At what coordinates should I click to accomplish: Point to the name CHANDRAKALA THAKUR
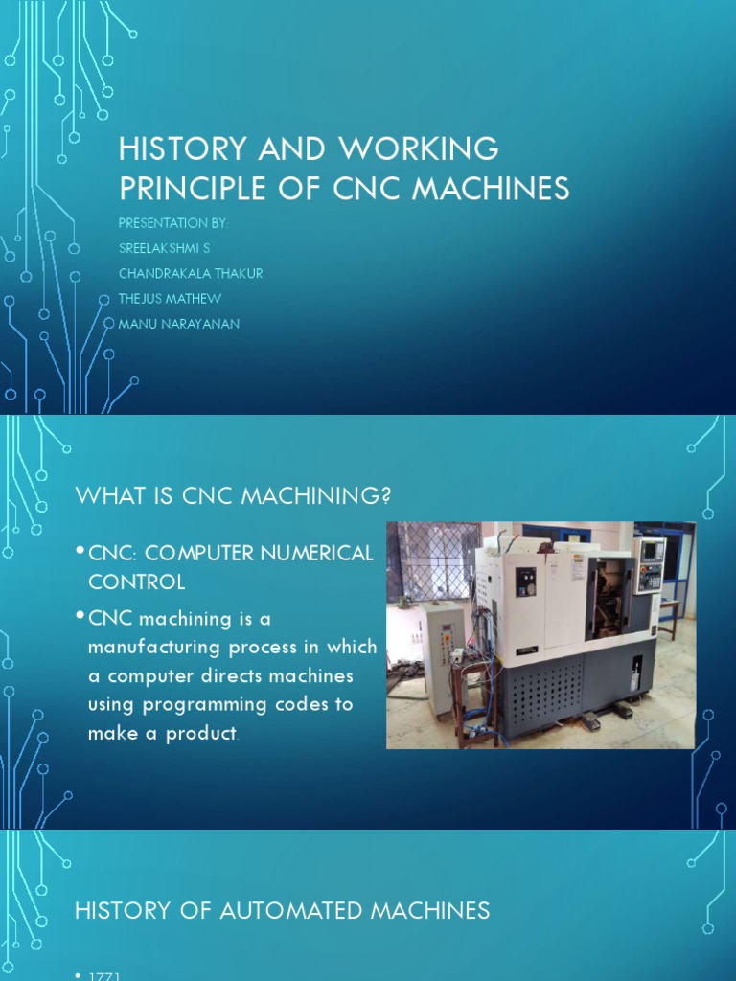point(190,273)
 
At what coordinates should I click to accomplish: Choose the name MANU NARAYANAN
point(178,324)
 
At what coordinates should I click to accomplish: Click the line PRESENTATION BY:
point(172,223)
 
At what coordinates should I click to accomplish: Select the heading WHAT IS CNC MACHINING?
point(234,494)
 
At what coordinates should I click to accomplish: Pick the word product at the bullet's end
point(201,733)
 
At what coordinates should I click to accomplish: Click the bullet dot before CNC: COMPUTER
point(80,550)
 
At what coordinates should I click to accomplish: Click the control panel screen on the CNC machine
point(652,551)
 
